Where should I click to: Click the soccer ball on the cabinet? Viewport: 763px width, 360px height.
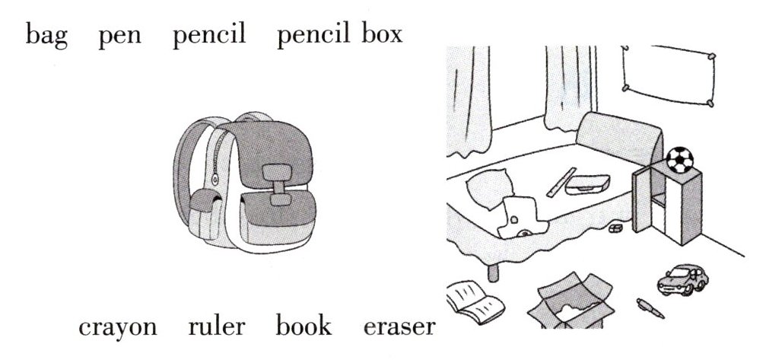[x=679, y=159]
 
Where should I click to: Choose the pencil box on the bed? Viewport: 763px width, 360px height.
[x=592, y=183]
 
